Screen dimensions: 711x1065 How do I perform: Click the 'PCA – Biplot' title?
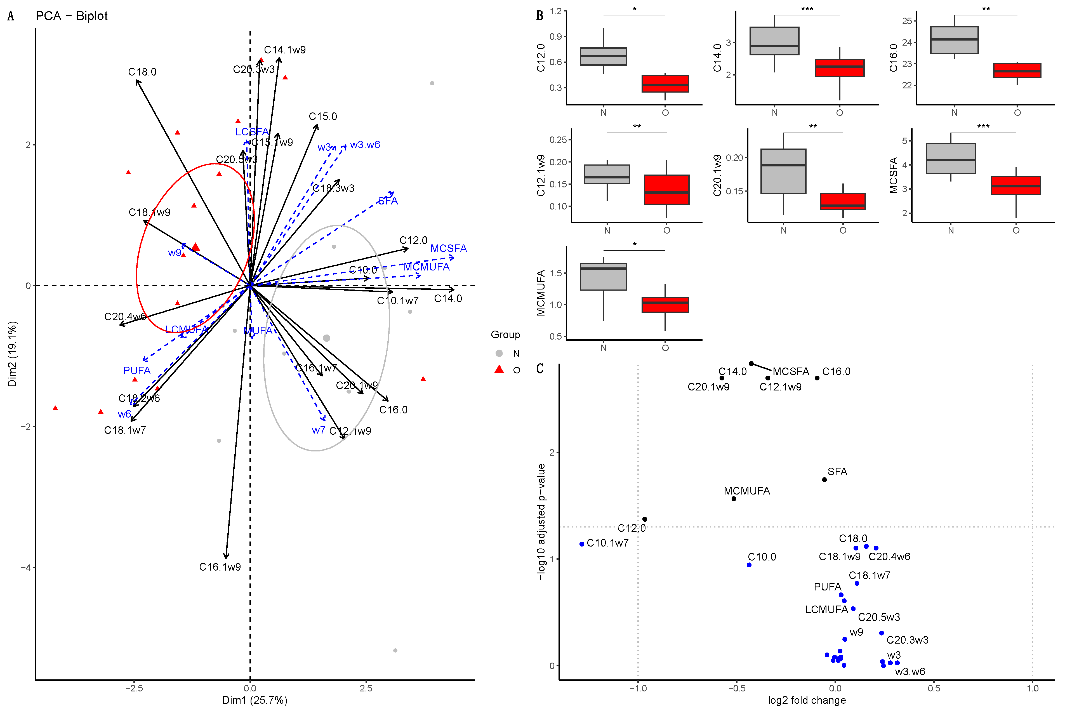click(72, 16)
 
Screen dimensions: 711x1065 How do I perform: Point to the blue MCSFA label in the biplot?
click(448, 248)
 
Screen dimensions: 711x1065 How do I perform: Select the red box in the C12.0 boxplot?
click(665, 84)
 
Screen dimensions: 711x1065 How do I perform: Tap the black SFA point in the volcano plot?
click(824, 479)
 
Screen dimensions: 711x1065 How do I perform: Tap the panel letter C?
click(539, 368)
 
